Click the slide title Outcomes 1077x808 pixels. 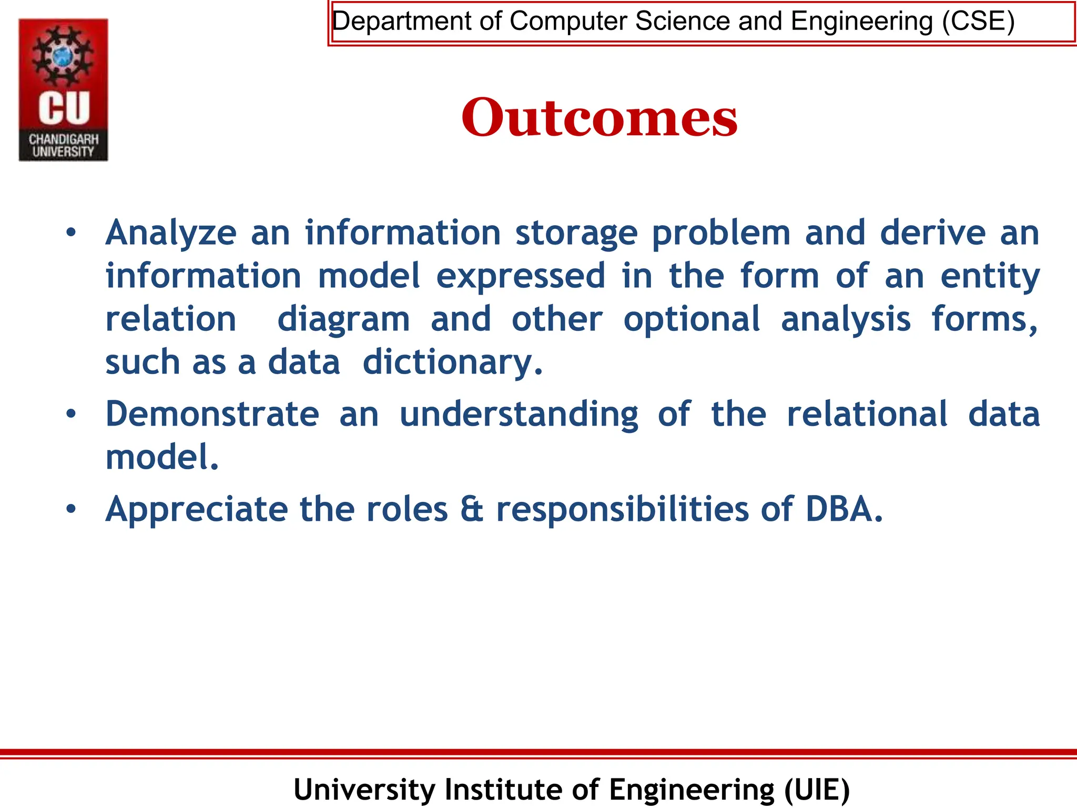click(600, 118)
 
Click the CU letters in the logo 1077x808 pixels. click(64, 108)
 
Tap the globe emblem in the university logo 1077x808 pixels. click(64, 56)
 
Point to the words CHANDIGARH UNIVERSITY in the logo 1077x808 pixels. click(64, 146)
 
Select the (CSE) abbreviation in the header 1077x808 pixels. click(978, 22)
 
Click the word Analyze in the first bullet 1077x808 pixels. click(171, 233)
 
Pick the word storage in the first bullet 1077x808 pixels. click(576, 233)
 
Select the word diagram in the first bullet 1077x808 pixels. click(343, 320)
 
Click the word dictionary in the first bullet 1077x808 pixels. click(452, 363)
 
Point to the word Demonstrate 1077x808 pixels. click(212, 414)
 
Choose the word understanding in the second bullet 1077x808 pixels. click(519, 415)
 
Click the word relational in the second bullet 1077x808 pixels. click(867, 414)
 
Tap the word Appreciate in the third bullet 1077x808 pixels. click(197, 510)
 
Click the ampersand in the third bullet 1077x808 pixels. click(472, 510)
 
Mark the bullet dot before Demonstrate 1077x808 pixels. click(72, 414)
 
